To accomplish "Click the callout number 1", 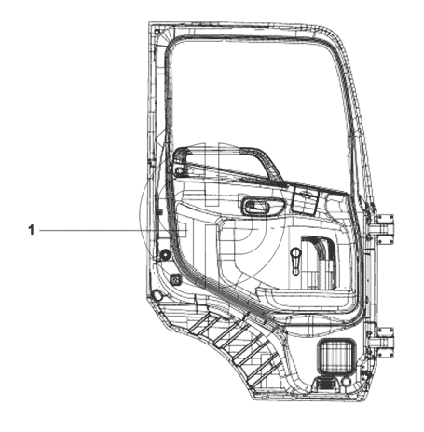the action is point(31,230).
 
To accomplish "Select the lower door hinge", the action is point(384,342).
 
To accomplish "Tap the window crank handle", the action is point(295,261).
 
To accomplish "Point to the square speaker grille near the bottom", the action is point(336,356).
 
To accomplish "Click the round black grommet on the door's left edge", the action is point(165,254).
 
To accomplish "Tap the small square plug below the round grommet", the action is point(176,279).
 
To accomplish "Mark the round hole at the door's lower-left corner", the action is point(157,295).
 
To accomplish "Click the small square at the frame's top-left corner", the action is point(157,32).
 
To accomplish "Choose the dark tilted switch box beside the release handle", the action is point(306,200).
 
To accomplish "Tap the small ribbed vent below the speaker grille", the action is point(323,385).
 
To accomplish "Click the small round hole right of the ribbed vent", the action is point(347,381).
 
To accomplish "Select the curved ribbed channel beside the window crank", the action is point(320,261).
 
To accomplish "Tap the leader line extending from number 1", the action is point(114,231).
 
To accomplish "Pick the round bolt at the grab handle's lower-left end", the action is point(178,170).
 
